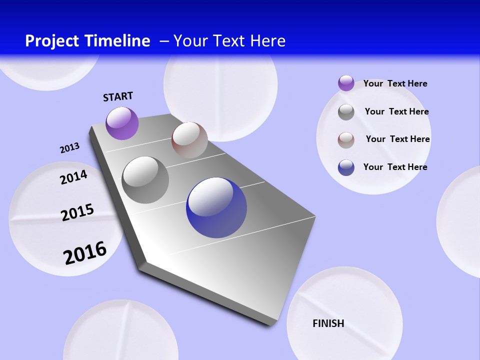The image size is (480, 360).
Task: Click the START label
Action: (118, 96)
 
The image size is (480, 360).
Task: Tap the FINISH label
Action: (328, 323)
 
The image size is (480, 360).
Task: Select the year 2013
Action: (69, 147)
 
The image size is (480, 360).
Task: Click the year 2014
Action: (73, 177)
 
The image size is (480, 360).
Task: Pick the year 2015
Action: (77, 212)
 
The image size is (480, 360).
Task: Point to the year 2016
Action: (84, 252)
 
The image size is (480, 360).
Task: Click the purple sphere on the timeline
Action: (122, 123)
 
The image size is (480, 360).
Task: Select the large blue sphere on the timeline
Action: (216, 207)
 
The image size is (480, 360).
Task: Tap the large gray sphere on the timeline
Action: (145, 179)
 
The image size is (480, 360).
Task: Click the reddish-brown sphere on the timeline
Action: (189, 140)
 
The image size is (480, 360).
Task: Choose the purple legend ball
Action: (346, 83)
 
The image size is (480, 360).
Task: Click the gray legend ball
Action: (346, 112)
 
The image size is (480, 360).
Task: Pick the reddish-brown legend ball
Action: (346, 140)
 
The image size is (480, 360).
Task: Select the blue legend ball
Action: (346, 167)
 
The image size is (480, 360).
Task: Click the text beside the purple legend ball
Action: (395, 83)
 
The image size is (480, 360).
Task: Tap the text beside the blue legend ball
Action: (395, 167)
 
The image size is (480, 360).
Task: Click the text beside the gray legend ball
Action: (396, 111)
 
